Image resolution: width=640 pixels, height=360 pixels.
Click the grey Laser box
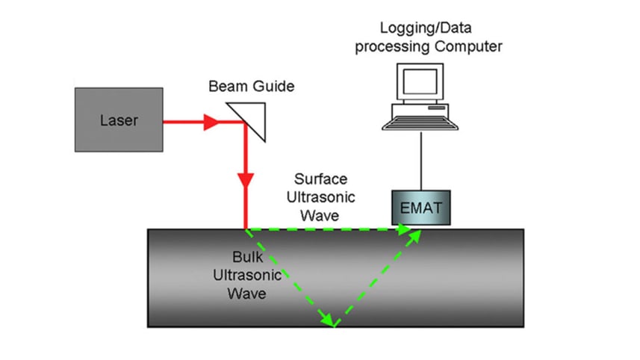(118, 120)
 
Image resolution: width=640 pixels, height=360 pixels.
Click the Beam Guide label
(251, 87)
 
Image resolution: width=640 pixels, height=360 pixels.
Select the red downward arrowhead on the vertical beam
(246, 181)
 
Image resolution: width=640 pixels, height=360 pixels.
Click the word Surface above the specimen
(320, 179)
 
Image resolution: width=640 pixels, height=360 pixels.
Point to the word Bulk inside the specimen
(246, 258)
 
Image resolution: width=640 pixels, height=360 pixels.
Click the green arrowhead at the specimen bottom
(327, 320)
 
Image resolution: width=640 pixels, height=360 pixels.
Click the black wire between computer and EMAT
(421, 161)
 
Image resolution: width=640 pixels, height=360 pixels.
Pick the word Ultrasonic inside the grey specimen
(246, 276)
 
